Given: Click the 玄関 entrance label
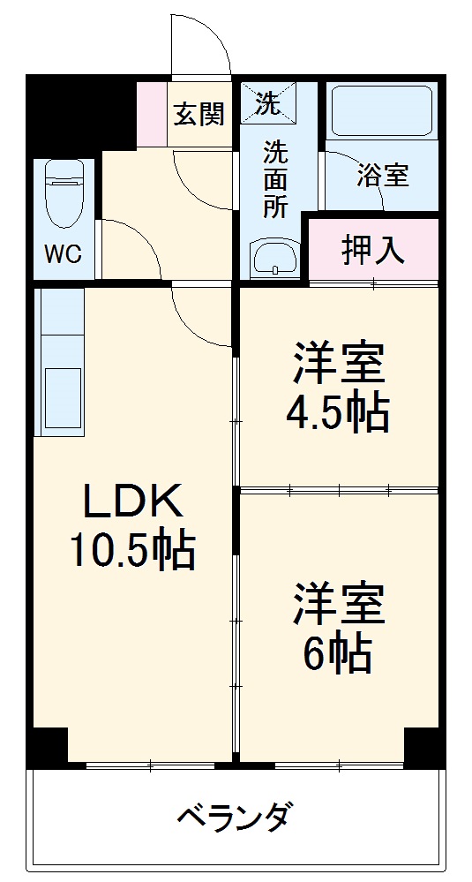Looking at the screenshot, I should click(199, 114).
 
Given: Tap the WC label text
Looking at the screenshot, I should click(63, 254).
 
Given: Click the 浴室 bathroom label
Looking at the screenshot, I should click(382, 175).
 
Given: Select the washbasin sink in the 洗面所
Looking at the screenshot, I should click(274, 259).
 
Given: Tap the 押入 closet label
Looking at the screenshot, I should click(373, 250).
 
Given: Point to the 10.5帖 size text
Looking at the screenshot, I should click(132, 551).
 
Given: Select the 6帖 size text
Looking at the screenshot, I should click(338, 653).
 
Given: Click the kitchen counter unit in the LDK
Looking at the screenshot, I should click(59, 361).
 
